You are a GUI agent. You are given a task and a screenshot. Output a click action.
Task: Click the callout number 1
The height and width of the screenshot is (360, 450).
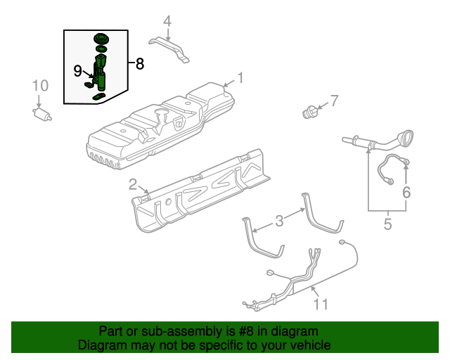coord(240,77)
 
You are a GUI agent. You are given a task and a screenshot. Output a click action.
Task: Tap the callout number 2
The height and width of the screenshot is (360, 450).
coord(133,185)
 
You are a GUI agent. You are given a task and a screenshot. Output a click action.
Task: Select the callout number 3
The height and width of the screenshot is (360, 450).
coord(279,221)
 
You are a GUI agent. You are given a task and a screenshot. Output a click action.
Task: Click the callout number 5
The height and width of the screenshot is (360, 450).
coord(387,225)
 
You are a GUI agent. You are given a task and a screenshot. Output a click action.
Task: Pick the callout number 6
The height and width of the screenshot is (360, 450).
coord(406,192)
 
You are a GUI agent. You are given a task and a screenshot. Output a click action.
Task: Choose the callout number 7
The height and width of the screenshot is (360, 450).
coord(335,101)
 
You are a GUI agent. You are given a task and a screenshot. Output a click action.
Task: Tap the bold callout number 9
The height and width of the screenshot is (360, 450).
coord(78,70)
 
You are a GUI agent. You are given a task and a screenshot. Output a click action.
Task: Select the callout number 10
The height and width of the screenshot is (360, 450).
coord(40,86)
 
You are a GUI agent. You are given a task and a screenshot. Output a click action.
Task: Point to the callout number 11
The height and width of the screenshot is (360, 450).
coord(321,304)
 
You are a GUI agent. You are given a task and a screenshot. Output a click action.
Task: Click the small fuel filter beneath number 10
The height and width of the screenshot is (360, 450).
coord(44,113)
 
